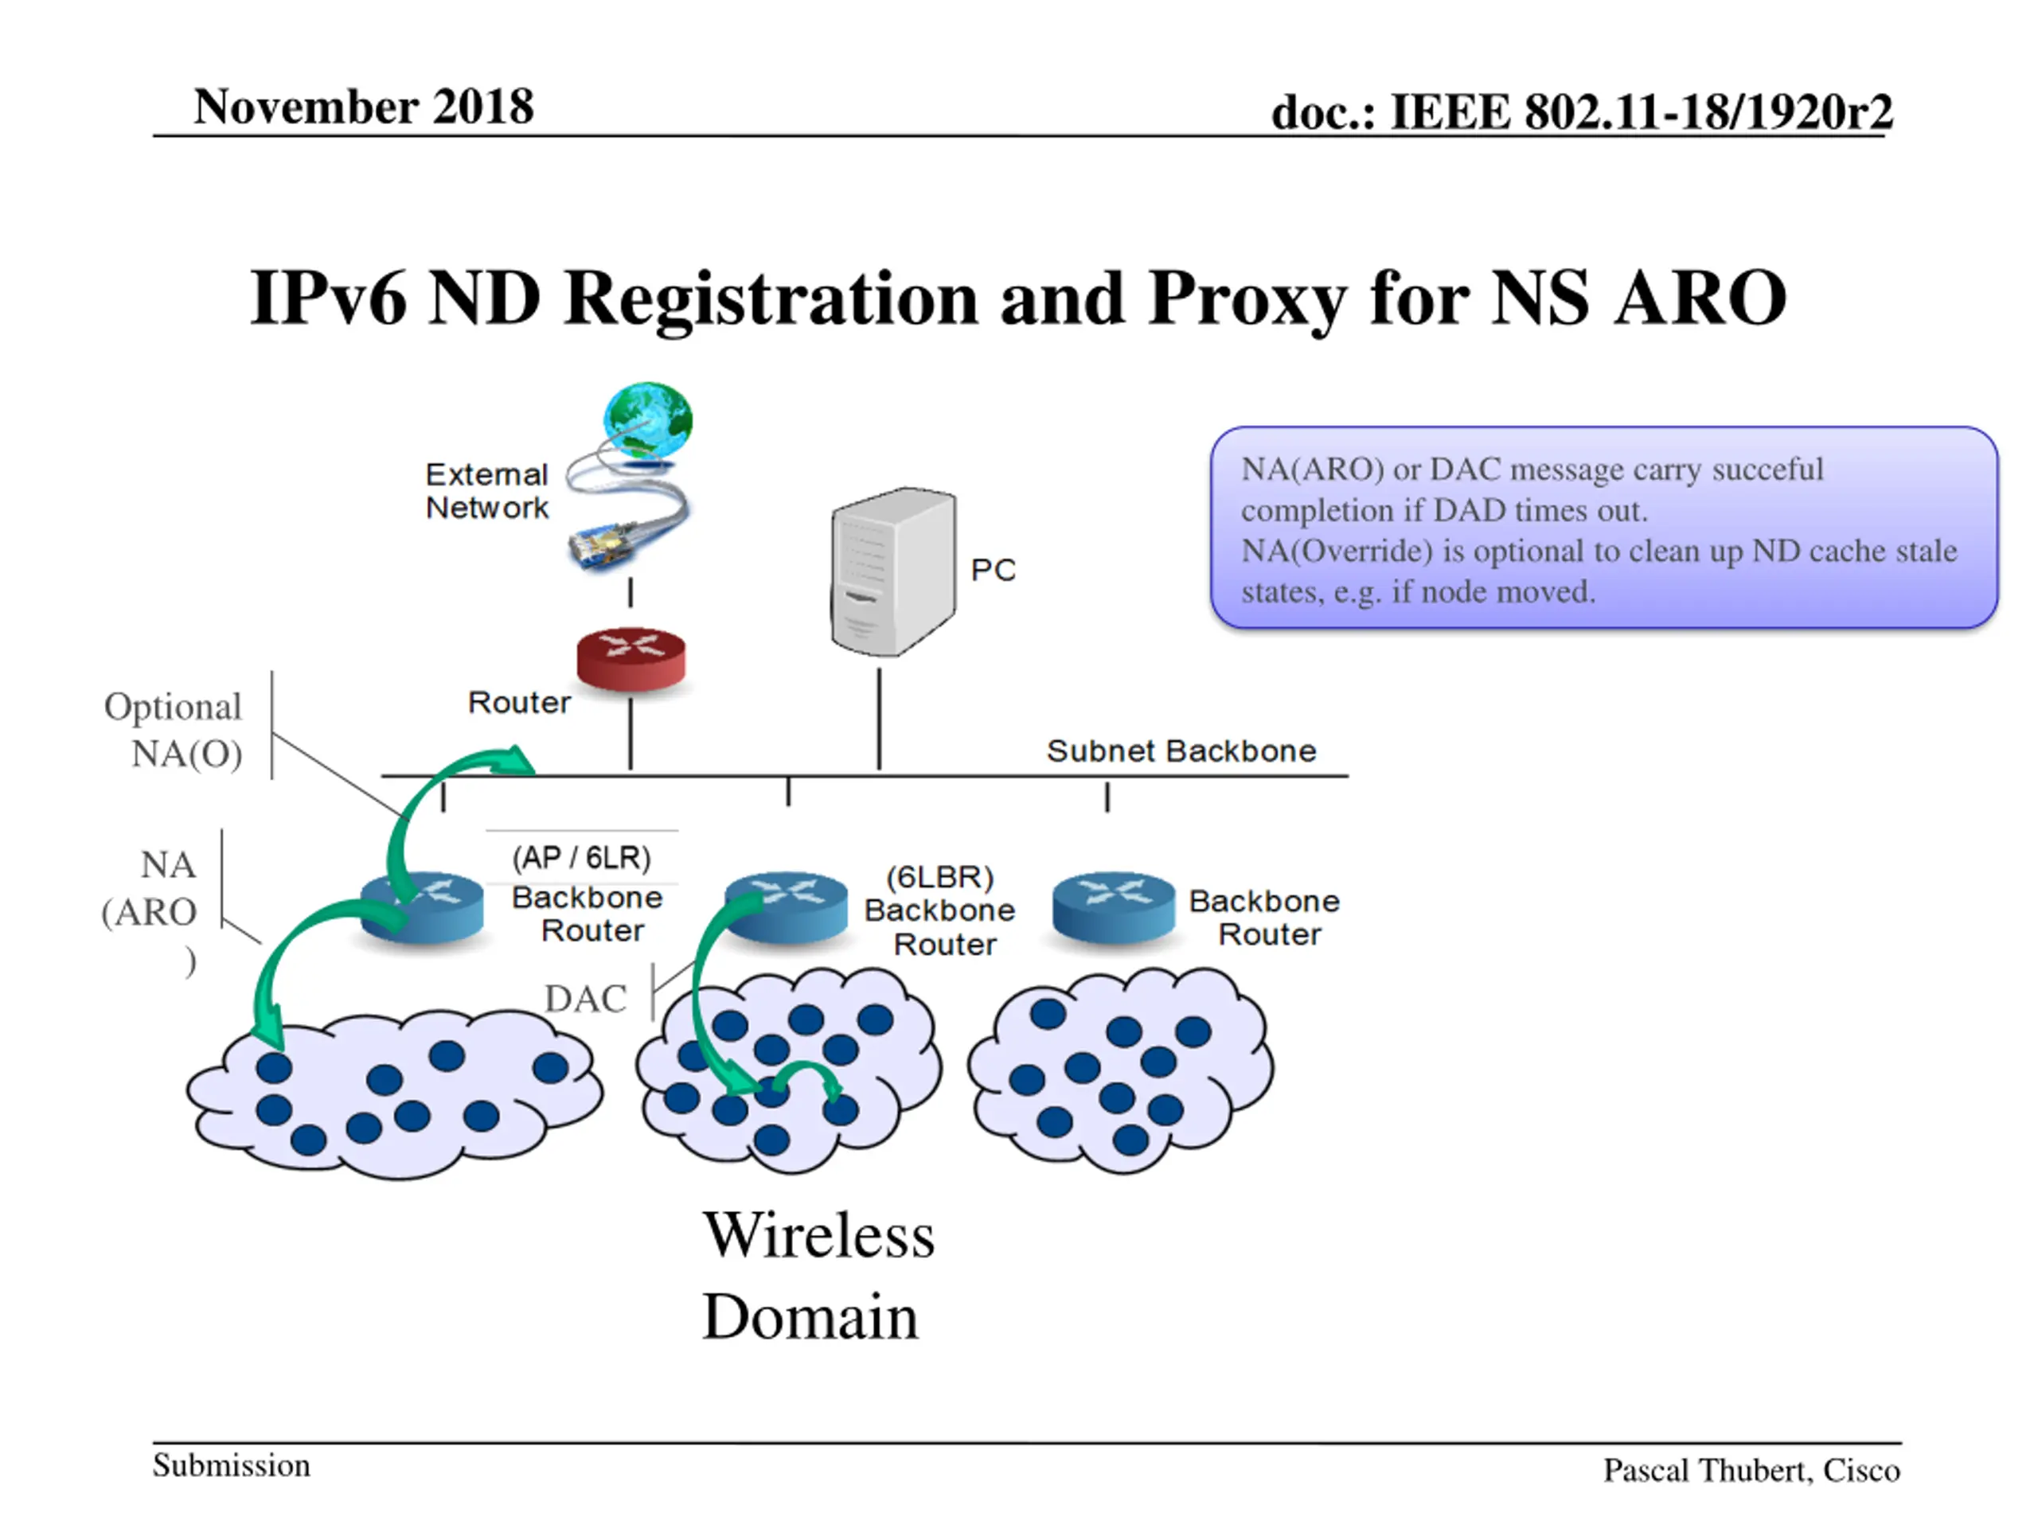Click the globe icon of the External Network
pos(648,420)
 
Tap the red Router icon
pos(631,657)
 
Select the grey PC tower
pos(892,571)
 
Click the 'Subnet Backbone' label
pos(1181,750)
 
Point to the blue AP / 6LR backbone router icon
pos(422,907)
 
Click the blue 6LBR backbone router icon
pos(786,907)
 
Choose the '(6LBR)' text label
pos(939,877)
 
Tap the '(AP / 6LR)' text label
pos(581,857)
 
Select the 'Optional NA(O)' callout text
pos(175,730)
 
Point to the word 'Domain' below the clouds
pos(810,1316)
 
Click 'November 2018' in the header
pos(363,107)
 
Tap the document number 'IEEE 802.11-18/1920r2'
pos(1641,112)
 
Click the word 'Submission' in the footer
pos(231,1464)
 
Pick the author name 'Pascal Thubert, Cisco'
pos(1751,1470)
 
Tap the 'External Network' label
pos(486,491)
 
